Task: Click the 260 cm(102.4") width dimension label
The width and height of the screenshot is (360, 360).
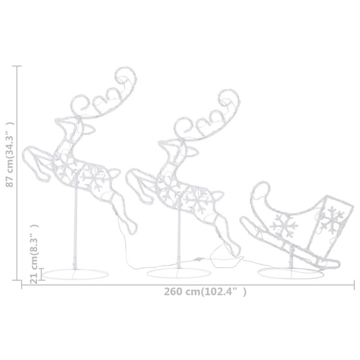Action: [x=205, y=292]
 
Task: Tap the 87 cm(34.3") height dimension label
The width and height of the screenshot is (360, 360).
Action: [x=10, y=155]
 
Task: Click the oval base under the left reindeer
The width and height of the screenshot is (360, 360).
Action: [x=75, y=274]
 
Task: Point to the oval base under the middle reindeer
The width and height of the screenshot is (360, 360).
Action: [x=179, y=273]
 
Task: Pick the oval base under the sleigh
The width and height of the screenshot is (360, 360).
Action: [x=291, y=273]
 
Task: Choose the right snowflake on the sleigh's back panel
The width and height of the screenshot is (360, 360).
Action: [x=331, y=219]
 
